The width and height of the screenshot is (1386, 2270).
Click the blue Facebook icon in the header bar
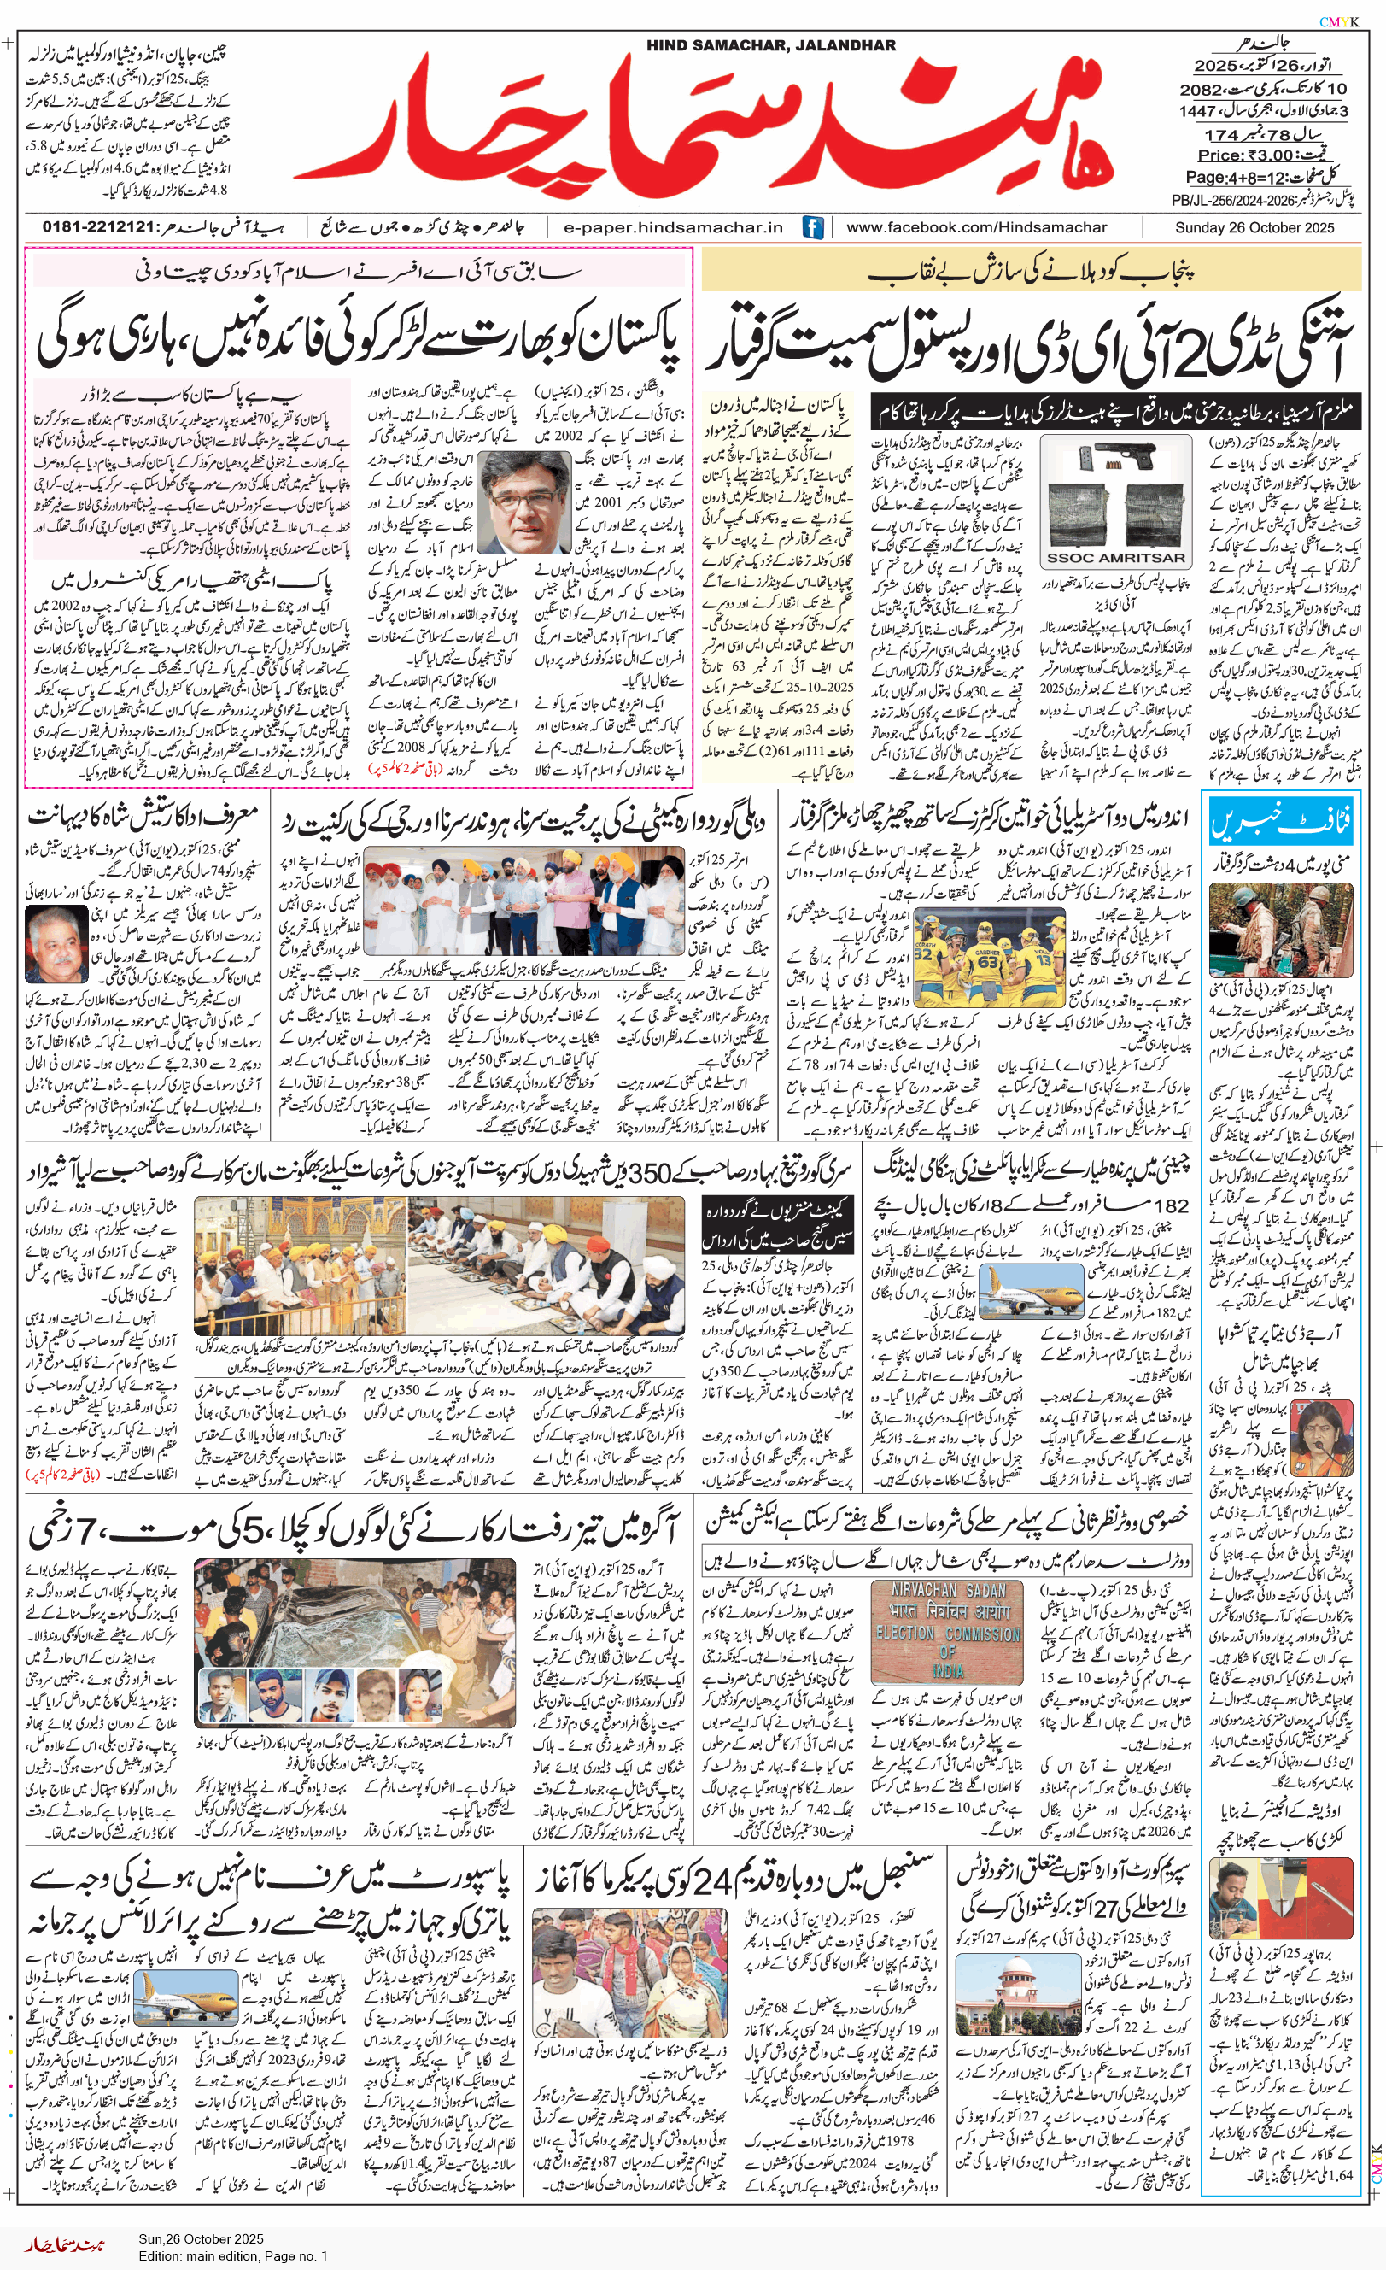812,227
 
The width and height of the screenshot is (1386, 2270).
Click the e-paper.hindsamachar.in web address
673,227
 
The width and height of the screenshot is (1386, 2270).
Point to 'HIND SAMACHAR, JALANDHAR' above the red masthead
771,45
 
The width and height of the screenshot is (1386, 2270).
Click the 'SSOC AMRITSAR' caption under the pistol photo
1114,557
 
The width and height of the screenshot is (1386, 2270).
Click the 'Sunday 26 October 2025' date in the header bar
1254,227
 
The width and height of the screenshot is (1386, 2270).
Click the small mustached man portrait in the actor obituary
56,943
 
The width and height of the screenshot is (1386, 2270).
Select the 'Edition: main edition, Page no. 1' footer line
233,2256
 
